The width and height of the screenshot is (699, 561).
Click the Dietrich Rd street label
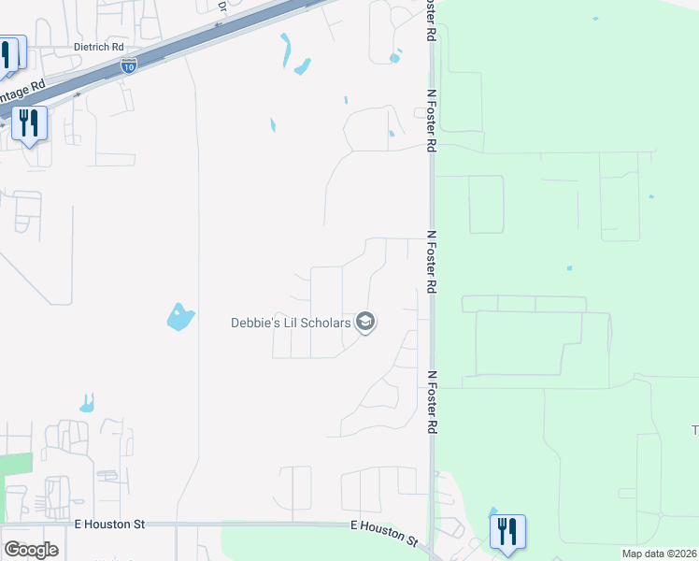[x=98, y=46]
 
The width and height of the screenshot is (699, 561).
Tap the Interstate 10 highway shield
[x=129, y=65]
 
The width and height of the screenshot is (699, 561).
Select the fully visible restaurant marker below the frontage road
[x=30, y=122]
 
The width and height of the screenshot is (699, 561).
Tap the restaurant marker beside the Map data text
[x=507, y=531]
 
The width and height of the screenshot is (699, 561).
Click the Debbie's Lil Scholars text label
[x=291, y=324]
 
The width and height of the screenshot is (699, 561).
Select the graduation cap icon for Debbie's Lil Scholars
[x=365, y=324]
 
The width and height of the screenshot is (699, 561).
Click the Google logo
[x=31, y=550]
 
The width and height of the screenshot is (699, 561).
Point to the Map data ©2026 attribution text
[x=660, y=554]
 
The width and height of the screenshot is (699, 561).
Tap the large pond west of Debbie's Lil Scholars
[x=179, y=317]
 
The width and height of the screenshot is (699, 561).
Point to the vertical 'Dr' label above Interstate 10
[x=222, y=6]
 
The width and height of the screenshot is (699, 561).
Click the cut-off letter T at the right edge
[x=694, y=430]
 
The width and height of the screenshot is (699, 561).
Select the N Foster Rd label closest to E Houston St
[x=432, y=401]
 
